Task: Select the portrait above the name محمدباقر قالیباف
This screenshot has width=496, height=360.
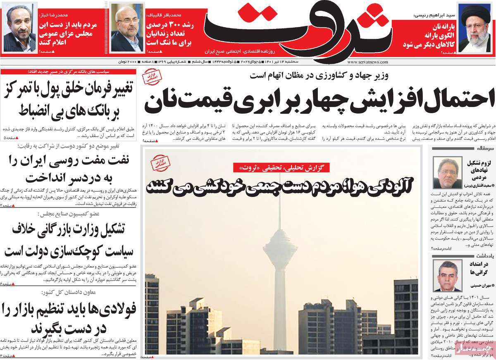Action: pos(126,29)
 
